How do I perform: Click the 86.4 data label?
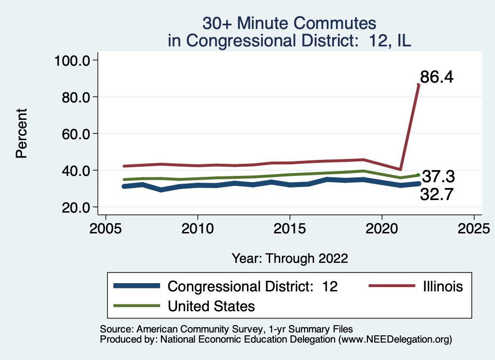pyautogui.click(x=437, y=77)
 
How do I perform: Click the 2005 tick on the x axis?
pyautogui.click(x=105, y=227)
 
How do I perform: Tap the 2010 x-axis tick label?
pyautogui.click(x=198, y=227)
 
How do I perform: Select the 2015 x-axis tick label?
pyautogui.click(x=290, y=227)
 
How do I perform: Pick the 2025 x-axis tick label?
pyautogui.click(x=474, y=227)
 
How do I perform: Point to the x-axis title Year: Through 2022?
pyautogui.click(x=290, y=258)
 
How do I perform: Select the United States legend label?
pyautogui.click(x=211, y=306)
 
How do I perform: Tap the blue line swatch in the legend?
pyautogui.click(x=137, y=286)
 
